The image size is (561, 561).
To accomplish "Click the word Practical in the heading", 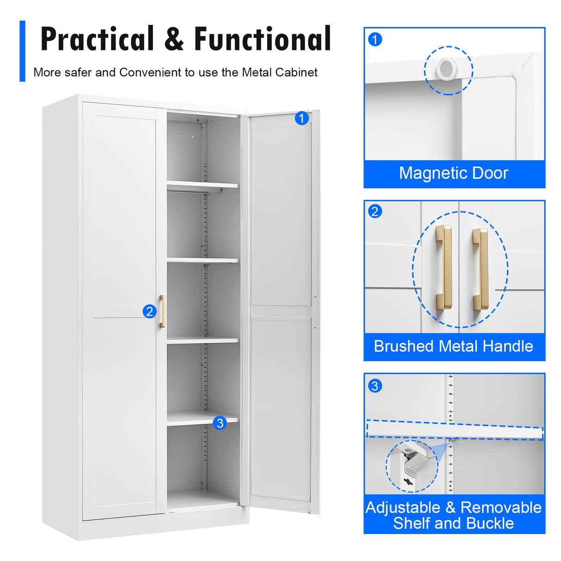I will point(97,39).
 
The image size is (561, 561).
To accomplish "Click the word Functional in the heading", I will point(262,39).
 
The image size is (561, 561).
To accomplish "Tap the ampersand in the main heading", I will point(174,39).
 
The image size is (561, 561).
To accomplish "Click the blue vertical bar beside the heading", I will point(22,51).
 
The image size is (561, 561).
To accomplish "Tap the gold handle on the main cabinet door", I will point(162,311).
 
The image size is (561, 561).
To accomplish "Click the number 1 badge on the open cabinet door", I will point(301,118).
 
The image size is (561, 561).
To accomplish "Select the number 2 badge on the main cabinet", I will point(149,311).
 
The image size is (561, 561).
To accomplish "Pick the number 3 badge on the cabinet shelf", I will point(220,423).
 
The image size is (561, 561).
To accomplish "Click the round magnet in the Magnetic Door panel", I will point(447,69).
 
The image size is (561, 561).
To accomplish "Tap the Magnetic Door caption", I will point(453,173).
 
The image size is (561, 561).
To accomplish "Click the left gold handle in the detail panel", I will point(444,268).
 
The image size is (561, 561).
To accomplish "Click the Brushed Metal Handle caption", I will point(453,346).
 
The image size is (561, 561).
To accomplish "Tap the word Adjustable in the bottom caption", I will point(402,507).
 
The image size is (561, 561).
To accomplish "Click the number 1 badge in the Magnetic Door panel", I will point(375,39).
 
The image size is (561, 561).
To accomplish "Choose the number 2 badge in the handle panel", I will point(375,212).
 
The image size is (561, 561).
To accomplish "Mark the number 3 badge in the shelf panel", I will point(375,386).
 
